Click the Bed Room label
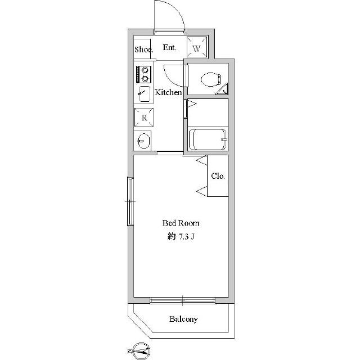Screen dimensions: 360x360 [x=181, y=223]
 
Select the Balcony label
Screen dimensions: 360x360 [x=183, y=319]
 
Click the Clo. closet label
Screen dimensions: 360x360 [x=218, y=176]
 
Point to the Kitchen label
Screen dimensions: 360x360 [x=168, y=92]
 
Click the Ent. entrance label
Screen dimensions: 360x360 [x=169, y=47]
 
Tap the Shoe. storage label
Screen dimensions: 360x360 [x=144, y=49]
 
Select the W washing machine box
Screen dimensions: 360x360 [x=196, y=47]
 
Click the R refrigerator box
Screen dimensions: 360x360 [x=144, y=118]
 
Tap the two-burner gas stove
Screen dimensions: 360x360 [x=144, y=74]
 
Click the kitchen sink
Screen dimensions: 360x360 [x=145, y=94]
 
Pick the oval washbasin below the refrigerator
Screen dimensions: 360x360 [x=144, y=141]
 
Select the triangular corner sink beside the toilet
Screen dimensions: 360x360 [x=222, y=89]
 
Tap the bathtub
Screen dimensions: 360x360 [x=208, y=139]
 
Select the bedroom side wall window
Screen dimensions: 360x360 [x=130, y=201]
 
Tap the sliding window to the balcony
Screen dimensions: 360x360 [x=182, y=300]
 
